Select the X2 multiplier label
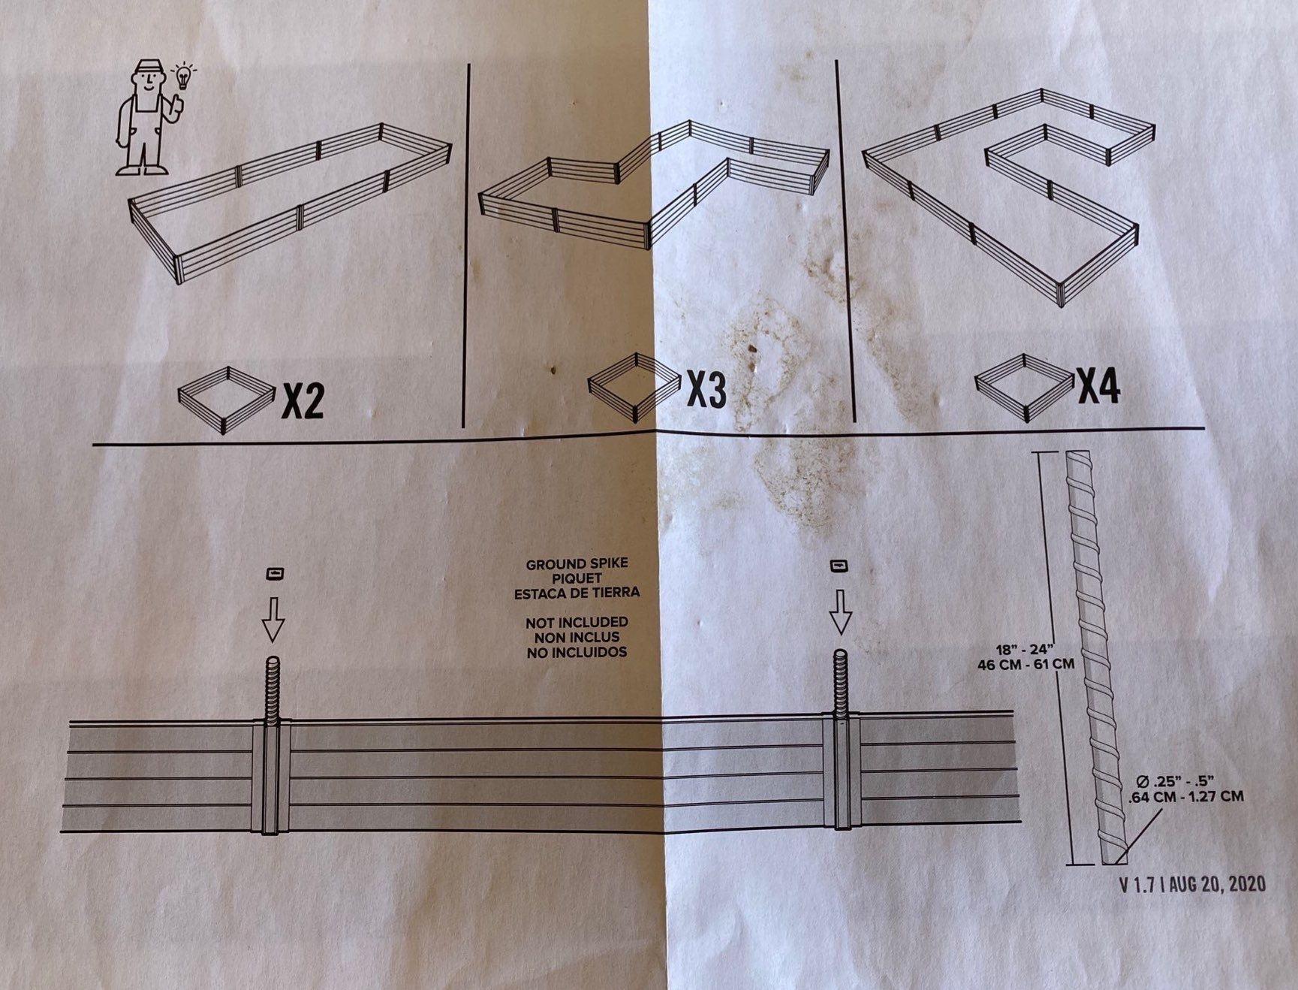coord(303,401)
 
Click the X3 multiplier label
coord(706,389)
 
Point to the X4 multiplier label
coord(1099,385)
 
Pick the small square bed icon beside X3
coord(635,388)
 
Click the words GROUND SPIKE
coord(577,564)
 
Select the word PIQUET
coord(577,578)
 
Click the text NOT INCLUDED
coord(577,623)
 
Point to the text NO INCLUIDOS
coord(577,652)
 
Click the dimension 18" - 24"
coord(1025,649)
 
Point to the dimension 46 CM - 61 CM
coord(1025,664)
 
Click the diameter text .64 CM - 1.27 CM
coord(1182,797)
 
